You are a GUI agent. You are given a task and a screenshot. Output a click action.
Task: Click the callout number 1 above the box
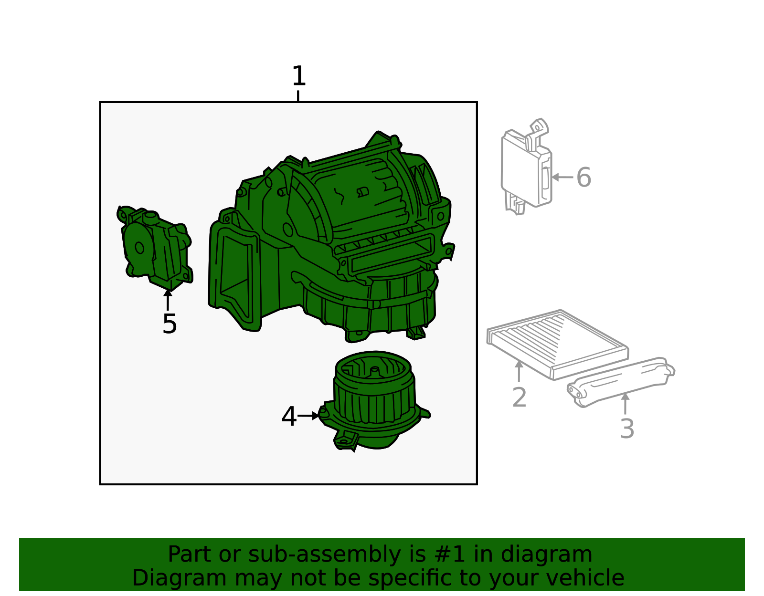click(x=299, y=76)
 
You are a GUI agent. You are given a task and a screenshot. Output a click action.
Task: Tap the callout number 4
click(x=289, y=416)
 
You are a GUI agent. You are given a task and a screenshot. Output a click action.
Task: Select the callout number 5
click(x=170, y=324)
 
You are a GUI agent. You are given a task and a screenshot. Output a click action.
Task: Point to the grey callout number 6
click(x=584, y=178)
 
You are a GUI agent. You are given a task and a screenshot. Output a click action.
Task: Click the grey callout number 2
click(x=520, y=397)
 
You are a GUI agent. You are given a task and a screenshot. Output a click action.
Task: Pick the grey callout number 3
click(x=627, y=429)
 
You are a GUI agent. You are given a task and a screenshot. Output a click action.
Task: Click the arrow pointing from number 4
click(x=308, y=416)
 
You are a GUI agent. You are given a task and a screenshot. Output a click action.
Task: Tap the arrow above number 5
click(x=168, y=300)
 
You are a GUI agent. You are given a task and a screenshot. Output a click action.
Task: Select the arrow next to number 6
click(x=562, y=177)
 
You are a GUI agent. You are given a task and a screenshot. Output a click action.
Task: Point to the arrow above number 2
click(x=519, y=371)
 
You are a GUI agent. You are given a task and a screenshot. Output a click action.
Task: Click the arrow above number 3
click(x=625, y=404)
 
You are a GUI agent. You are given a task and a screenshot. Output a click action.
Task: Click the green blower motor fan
click(x=374, y=400)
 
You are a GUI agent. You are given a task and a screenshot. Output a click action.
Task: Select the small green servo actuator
click(x=155, y=248)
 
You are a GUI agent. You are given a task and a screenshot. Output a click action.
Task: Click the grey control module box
click(x=526, y=167)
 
